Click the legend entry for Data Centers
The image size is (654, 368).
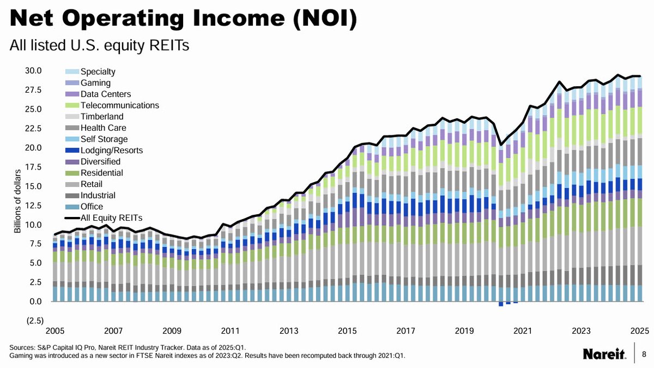click(105, 94)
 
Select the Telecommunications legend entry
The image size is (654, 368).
click(119, 105)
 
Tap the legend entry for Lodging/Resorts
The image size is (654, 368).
click(107, 150)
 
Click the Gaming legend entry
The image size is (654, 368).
click(95, 83)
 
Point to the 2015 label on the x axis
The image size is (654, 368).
click(347, 331)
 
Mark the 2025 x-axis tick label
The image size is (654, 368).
click(639, 331)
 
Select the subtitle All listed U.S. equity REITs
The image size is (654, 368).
click(99, 46)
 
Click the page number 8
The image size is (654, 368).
click(644, 354)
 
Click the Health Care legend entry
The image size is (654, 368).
click(103, 128)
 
